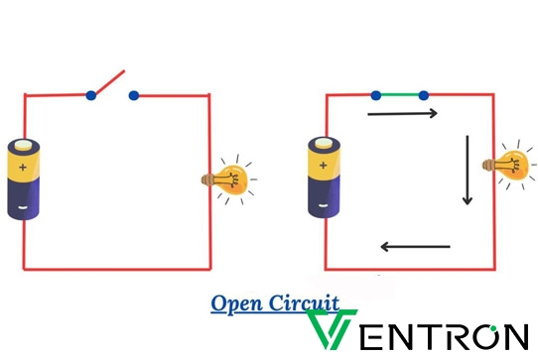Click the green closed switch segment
click(400, 95)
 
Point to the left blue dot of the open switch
click(91, 96)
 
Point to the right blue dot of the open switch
click(133, 96)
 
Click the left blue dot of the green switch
click(376, 95)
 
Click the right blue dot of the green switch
click(424, 95)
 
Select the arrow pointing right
click(401, 114)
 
